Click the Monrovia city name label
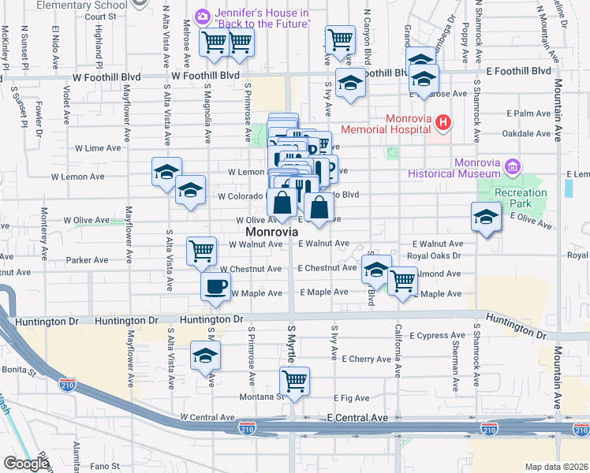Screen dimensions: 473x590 tap(272, 233)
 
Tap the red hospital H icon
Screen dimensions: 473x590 tap(443, 122)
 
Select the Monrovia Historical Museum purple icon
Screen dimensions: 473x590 tap(513, 166)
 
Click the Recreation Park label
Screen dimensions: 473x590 tap(521, 198)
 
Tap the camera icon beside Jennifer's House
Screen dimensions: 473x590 tap(203, 16)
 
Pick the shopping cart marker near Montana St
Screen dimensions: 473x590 tap(295, 382)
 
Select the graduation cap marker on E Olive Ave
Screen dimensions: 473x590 tap(487, 217)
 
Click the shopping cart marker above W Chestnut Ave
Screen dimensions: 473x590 tap(201, 251)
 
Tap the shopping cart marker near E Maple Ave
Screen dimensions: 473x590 tap(402, 280)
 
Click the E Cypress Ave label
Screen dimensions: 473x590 tap(438, 335)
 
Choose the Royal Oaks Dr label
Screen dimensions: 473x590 tap(435, 256)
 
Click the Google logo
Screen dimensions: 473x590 tap(27, 464)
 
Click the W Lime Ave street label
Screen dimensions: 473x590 tap(98, 147)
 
